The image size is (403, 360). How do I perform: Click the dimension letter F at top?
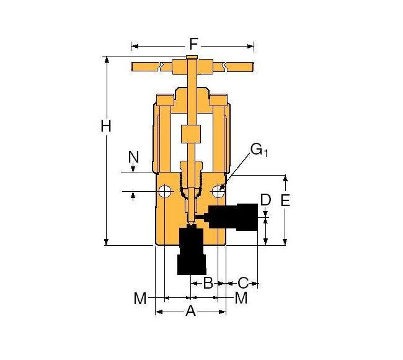193,44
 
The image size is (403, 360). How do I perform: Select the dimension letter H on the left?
106,126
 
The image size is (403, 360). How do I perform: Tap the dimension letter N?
133,156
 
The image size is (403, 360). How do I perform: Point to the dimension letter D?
265,200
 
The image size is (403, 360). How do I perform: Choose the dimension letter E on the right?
285,200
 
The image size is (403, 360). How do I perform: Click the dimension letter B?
208,284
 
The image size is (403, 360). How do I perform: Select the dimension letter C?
243,284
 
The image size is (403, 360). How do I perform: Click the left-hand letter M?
140,299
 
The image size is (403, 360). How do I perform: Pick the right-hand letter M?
241,299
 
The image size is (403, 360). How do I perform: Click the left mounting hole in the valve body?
164,191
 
